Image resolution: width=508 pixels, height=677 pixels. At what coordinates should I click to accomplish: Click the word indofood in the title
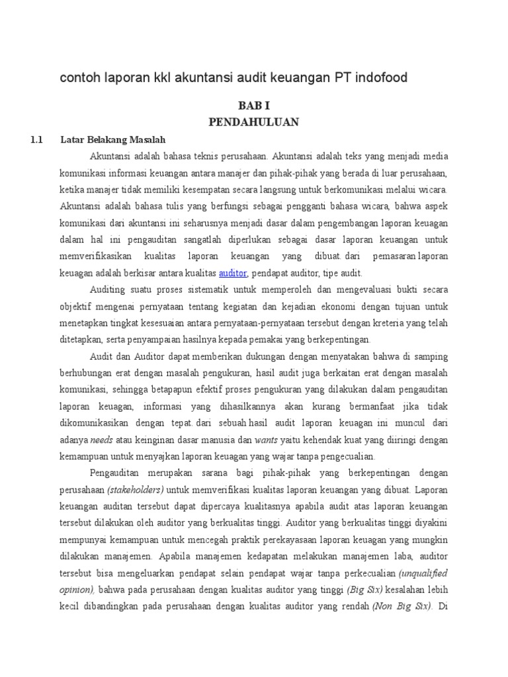377,78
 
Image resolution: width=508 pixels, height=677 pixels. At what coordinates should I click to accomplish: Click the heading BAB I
254,106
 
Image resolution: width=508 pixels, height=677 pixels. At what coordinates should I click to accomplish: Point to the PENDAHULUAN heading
254,122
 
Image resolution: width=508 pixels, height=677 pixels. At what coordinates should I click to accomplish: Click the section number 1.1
36,139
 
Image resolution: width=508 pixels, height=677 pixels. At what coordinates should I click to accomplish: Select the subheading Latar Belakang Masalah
113,139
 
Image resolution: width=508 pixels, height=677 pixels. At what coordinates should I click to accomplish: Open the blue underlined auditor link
233,272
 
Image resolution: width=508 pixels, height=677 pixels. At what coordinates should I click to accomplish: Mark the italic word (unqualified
423,572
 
